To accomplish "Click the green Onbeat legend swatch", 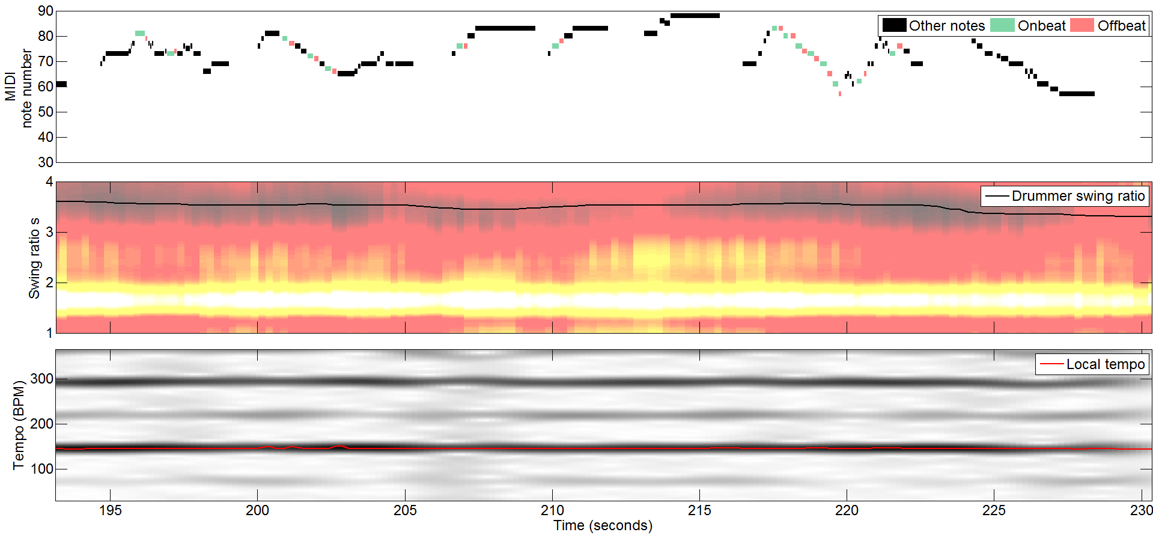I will coord(1002,25).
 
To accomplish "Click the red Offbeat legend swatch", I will coord(1082,25).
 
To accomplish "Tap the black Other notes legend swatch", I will coord(894,25).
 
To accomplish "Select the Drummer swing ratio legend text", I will coord(1078,196).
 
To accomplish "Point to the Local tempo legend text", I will coord(1105,364).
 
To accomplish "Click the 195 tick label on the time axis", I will coord(110,510).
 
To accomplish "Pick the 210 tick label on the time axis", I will coord(552,510).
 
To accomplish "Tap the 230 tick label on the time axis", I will coord(1141,510).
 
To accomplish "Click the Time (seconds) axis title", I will coord(603,525).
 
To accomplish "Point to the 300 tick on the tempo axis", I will coord(41,379).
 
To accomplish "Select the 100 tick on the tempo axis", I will coord(41,469).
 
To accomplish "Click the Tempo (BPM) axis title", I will coord(19,425).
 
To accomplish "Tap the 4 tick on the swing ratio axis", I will coord(49,182).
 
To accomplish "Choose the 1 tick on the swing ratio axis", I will coord(49,332).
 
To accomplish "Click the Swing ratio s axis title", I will coord(34,258).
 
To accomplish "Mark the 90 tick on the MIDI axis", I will coord(45,11).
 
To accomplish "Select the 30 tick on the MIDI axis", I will coord(45,162).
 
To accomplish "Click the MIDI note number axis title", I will coord(18,87).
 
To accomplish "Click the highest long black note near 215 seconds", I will coord(695,16).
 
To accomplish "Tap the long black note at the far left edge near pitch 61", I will coord(61,84).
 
